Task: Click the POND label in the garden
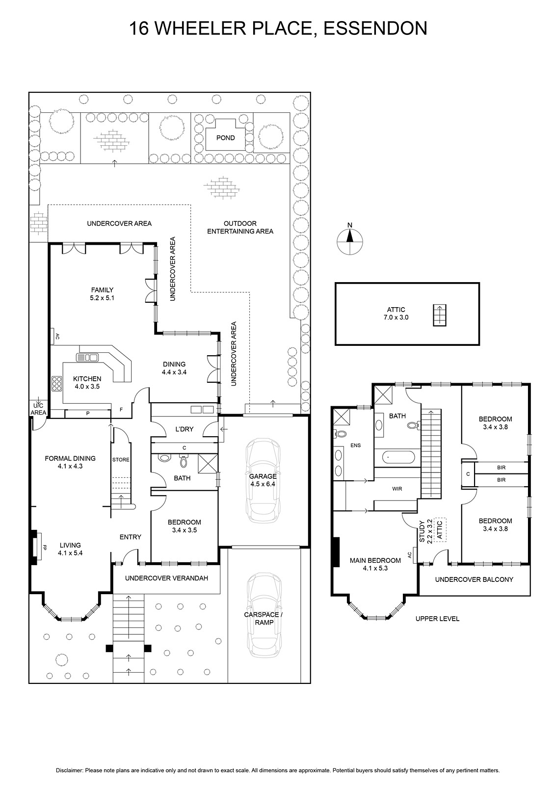click(225, 138)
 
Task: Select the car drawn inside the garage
click(263, 480)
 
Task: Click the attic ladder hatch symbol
click(439, 315)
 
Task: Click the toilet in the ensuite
click(340, 433)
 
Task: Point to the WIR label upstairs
click(397, 489)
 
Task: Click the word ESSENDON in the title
click(375, 28)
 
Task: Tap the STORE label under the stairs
click(121, 459)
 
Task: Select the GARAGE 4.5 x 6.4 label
click(263, 480)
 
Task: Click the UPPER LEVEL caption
click(437, 619)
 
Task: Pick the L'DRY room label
click(184, 429)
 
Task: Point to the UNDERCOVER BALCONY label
click(474, 579)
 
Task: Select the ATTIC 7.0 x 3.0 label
click(396, 314)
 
